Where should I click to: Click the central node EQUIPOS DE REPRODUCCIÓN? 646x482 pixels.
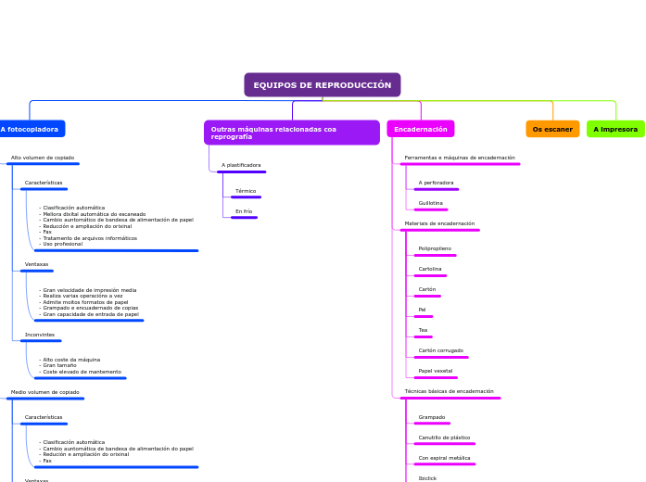tap(322, 85)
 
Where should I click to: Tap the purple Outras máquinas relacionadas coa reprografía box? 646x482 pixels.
tap(291, 133)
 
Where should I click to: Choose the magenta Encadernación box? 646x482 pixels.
tap(421, 129)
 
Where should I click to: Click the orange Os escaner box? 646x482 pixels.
tap(552, 129)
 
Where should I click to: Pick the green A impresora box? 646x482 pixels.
tap(615, 129)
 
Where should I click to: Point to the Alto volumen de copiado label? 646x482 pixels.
tap(43, 158)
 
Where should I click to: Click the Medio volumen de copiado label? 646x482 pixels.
tap(45, 392)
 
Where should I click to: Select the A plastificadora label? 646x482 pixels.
tap(241, 165)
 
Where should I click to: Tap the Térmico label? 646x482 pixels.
tap(246, 191)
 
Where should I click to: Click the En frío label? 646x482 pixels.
tap(244, 211)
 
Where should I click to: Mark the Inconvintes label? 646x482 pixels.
tap(40, 335)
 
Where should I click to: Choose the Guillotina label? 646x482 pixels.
tap(431, 203)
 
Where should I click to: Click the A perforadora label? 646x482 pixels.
tap(436, 183)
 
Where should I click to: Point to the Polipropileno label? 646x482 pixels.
tap(435, 248)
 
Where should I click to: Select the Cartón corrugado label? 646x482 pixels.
tap(440, 350)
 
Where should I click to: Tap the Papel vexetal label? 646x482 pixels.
tap(436, 371)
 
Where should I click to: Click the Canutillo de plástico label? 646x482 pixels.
tap(444, 438)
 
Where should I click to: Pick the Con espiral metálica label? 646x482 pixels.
tap(444, 458)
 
